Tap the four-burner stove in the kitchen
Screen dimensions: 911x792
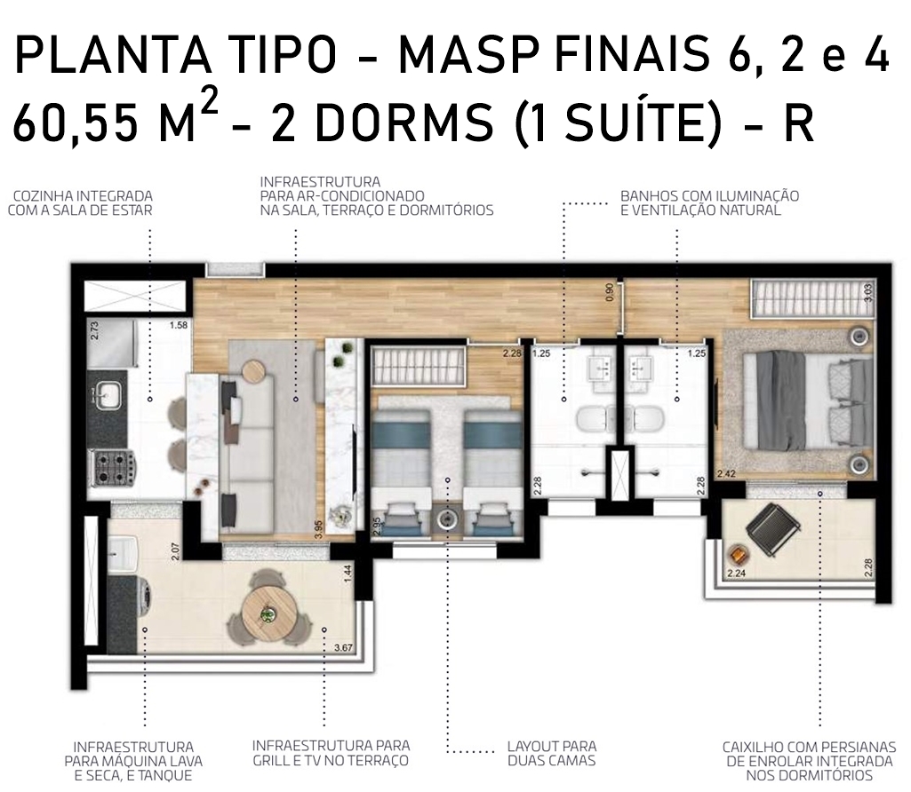coord(114,468)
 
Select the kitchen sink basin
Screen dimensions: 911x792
coord(108,395)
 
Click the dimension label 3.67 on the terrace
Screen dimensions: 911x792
coord(343,647)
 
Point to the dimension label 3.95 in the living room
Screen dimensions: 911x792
coord(318,528)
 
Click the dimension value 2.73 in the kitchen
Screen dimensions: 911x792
coord(95,330)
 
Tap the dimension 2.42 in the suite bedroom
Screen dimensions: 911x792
coord(726,473)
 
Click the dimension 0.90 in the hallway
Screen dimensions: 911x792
coord(610,292)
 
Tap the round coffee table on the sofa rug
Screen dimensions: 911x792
coord(253,371)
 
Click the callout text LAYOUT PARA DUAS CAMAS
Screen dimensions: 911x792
coord(551,753)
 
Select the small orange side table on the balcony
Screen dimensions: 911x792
coord(738,555)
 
